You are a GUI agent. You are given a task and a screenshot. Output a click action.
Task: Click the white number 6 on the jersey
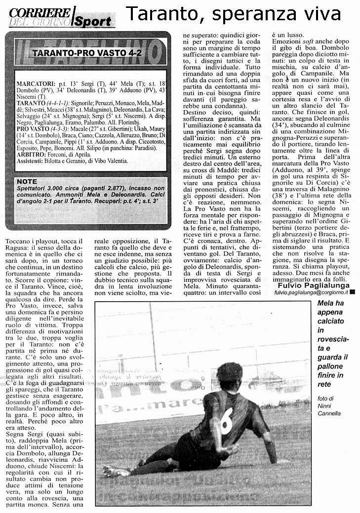coord(226,420)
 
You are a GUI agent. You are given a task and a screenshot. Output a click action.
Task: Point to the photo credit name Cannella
coord(332,413)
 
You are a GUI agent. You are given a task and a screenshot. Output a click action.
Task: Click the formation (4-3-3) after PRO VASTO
coord(59,126)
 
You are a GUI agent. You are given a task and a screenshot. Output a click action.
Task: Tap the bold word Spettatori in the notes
coord(34,189)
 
